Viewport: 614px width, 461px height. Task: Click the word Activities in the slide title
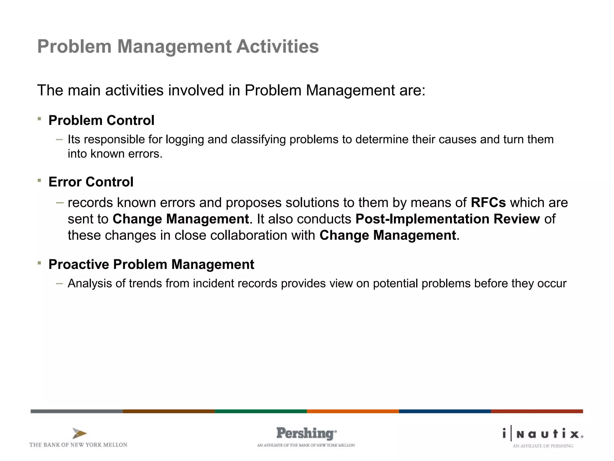(x=277, y=47)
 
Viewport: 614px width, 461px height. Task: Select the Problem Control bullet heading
(x=101, y=120)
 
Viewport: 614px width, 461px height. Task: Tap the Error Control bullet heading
(x=91, y=182)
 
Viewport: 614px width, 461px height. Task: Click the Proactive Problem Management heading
(x=151, y=264)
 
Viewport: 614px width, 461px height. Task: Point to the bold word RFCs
(x=488, y=203)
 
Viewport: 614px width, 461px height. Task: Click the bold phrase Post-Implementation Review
(x=448, y=219)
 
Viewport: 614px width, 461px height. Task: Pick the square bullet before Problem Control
(x=39, y=119)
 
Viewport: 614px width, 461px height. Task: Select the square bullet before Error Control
(x=39, y=180)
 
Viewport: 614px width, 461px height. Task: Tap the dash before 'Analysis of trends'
(x=59, y=283)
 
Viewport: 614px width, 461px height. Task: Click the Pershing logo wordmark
(x=306, y=433)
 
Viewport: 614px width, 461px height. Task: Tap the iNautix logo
(x=543, y=434)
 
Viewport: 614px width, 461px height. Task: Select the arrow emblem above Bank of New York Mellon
(x=79, y=433)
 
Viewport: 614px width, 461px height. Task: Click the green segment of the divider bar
(x=261, y=411)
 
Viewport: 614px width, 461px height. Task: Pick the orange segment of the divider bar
(x=353, y=411)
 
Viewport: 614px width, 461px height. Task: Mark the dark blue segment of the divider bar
(x=445, y=411)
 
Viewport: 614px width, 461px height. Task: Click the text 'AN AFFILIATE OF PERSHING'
(x=543, y=446)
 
